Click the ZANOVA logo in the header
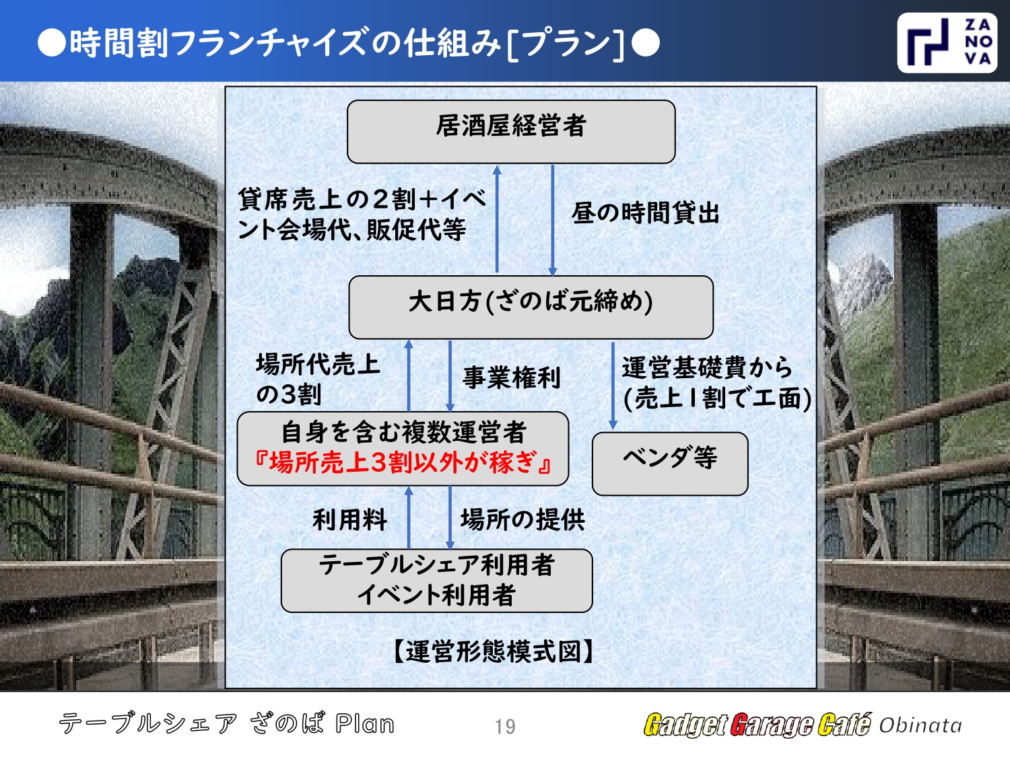[947, 42]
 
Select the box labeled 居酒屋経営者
[511, 131]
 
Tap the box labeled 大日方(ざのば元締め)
[531, 307]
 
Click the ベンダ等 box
[670, 463]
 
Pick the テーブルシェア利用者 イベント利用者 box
[436, 580]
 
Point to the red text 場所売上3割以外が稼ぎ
[403, 463]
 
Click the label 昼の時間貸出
[646, 213]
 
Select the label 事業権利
[511, 377]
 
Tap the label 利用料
[349, 519]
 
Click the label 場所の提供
[523, 519]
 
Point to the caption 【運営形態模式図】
[494, 651]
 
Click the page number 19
[505, 727]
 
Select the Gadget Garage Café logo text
[757, 725]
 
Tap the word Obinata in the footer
[920, 725]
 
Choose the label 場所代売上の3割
[318, 379]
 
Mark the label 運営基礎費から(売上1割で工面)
[716, 383]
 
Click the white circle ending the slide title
[646, 43]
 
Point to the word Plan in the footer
[364, 724]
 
